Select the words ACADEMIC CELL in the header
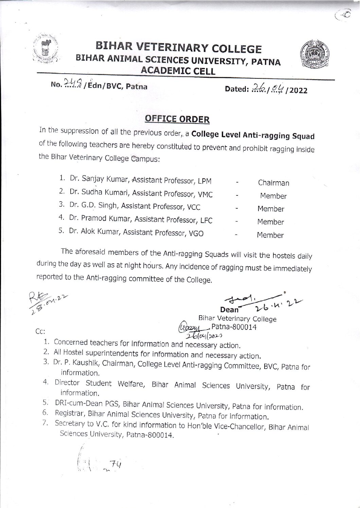pos(178,71)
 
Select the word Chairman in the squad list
pos(273,183)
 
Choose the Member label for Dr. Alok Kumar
pos(270,235)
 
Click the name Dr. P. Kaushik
pos(75,363)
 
